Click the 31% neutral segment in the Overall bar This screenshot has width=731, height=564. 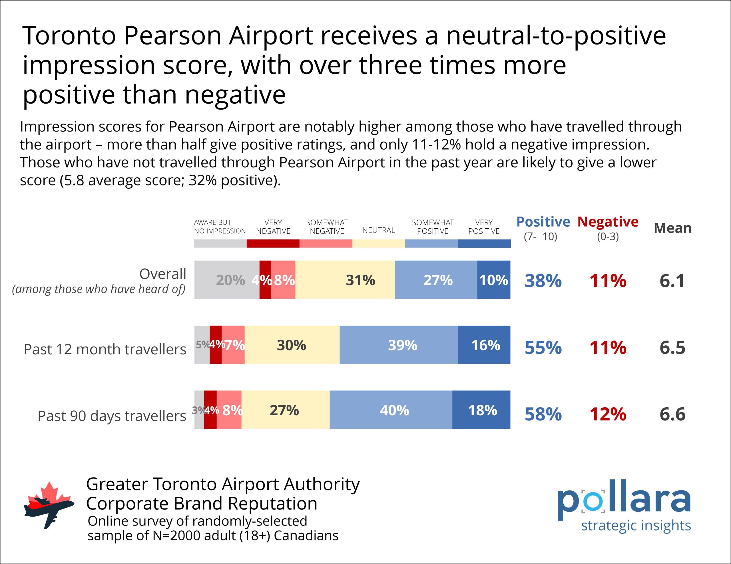(x=345, y=280)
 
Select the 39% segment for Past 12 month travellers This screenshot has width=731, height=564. (x=399, y=345)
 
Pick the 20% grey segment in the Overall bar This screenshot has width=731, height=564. (x=227, y=280)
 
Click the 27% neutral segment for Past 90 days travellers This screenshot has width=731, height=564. (x=285, y=410)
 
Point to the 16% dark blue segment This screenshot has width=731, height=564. (x=484, y=345)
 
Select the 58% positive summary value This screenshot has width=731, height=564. (x=543, y=414)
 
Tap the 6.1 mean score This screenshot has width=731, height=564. (x=672, y=281)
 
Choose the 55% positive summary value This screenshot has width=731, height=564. (x=543, y=348)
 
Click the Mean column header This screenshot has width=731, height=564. (x=672, y=228)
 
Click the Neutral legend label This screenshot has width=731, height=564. (x=379, y=230)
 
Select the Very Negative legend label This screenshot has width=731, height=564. (x=273, y=227)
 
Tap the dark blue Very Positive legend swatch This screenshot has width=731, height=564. (x=484, y=243)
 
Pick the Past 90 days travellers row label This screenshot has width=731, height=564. (x=112, y=416)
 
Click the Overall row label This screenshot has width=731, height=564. (x=163, y=274)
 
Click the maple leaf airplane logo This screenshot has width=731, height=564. (x=49, y=505)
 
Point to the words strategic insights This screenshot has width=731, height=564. (x=636, y=525)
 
